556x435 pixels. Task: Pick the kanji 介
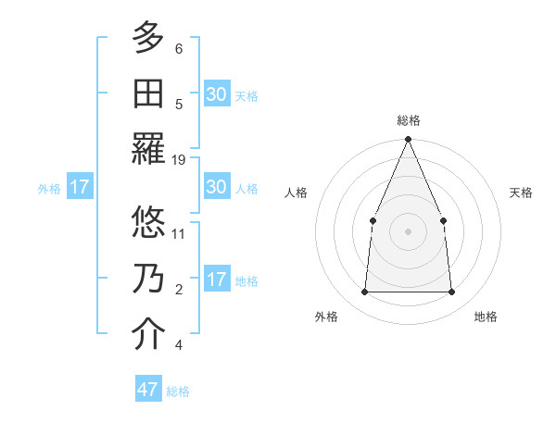(148, 335)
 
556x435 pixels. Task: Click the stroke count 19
(179, 160)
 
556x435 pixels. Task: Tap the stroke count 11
(179, 232)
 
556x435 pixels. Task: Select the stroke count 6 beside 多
(179, 49)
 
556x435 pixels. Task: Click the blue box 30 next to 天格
(216, 94)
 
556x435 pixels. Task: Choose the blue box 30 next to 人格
(216, 187)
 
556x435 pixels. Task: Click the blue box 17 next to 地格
(216, 280)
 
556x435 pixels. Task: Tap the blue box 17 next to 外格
(80, 187)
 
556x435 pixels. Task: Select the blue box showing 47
(148, 390)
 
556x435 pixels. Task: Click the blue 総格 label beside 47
(178, 391)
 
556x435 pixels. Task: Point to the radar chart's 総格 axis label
(408, 120)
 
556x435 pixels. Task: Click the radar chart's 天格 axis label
(521, 193)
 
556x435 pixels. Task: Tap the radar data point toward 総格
(408, 141)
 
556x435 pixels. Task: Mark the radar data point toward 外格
(364, 292)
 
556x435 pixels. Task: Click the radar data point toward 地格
(451, 292)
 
